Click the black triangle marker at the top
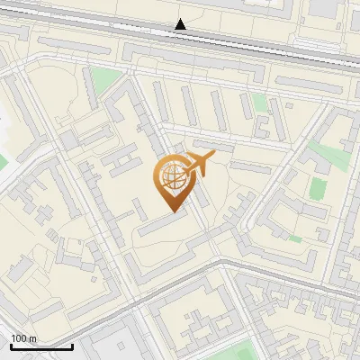pos(181,24)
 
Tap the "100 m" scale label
pos(24,338)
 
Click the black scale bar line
pos(41,346)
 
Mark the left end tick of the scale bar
pos(12,344)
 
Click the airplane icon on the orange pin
pos(199,164)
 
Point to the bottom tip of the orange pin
pos(173,211)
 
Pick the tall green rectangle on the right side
pos(319,188)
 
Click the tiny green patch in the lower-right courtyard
pos(295,239)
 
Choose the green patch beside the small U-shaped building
pos(260,102)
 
